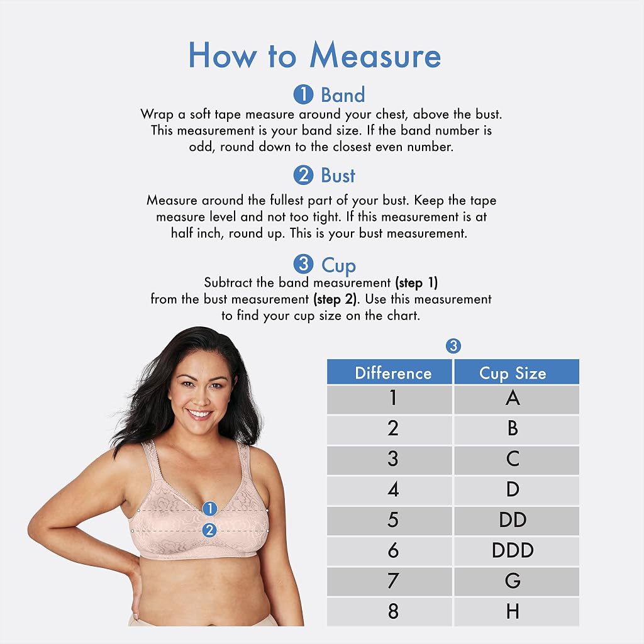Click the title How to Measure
click(x=314, y=55)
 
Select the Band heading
click(x=343, y=94)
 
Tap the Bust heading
click(x=338, y=175)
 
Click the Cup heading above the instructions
click(x=338, y=265)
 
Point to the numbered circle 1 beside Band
click(x=304, y=94)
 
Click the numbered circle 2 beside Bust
click(x=304, y=175)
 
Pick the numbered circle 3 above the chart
click(x=453, y=346)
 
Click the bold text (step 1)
click(x=416, y=283)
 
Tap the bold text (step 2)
click(x=335, y=299)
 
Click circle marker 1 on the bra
click(x=210, y=508)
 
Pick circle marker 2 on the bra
click(x=210, y=530)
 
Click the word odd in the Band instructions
click(x=201, y=147)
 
